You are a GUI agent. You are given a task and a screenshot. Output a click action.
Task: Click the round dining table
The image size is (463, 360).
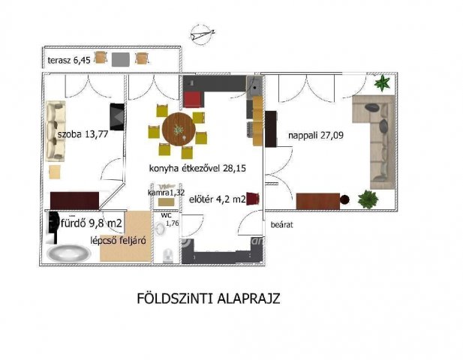pos(179,129)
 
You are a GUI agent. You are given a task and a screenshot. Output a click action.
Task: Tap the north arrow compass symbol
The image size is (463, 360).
pos(202,34)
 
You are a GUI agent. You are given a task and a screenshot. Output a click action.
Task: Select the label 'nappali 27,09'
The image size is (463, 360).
pos(316,136)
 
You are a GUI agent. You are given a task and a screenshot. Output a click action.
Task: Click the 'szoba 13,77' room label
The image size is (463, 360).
pos(83,134)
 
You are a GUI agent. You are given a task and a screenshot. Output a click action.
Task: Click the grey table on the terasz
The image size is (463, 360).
pos(121,59)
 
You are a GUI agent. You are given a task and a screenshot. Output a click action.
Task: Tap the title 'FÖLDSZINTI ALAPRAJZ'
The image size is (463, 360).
pos(209,298)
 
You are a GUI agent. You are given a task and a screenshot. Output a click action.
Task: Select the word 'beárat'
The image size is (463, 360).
pos(281,225)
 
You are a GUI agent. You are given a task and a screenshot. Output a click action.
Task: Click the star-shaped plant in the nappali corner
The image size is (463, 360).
pos(382,82)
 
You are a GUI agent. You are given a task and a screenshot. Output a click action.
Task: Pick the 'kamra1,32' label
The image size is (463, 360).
pos(167,193)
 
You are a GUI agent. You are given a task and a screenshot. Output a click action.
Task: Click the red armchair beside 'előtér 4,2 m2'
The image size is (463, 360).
pos(253,199)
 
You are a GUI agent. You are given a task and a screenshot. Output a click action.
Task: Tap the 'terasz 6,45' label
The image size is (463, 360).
pos(69,61)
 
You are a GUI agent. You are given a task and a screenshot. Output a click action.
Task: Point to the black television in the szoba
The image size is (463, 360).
pos(117,116)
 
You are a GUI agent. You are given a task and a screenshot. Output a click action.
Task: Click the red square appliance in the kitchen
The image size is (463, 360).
pos(194,100)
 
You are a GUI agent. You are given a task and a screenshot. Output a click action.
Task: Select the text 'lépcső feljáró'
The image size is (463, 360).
pos(118,241)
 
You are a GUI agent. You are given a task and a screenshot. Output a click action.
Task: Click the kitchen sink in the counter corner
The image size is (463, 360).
pos(254,87)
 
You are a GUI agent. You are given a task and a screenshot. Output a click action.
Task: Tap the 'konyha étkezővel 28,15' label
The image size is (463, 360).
pos(197,169)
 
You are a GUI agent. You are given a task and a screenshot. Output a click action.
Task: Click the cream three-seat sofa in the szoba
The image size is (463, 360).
pos(56,131)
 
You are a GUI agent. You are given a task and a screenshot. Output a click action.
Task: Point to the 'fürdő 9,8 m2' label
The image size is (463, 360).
pos(92,223)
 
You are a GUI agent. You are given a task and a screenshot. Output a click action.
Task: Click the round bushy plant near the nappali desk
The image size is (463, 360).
pos(368,199)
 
